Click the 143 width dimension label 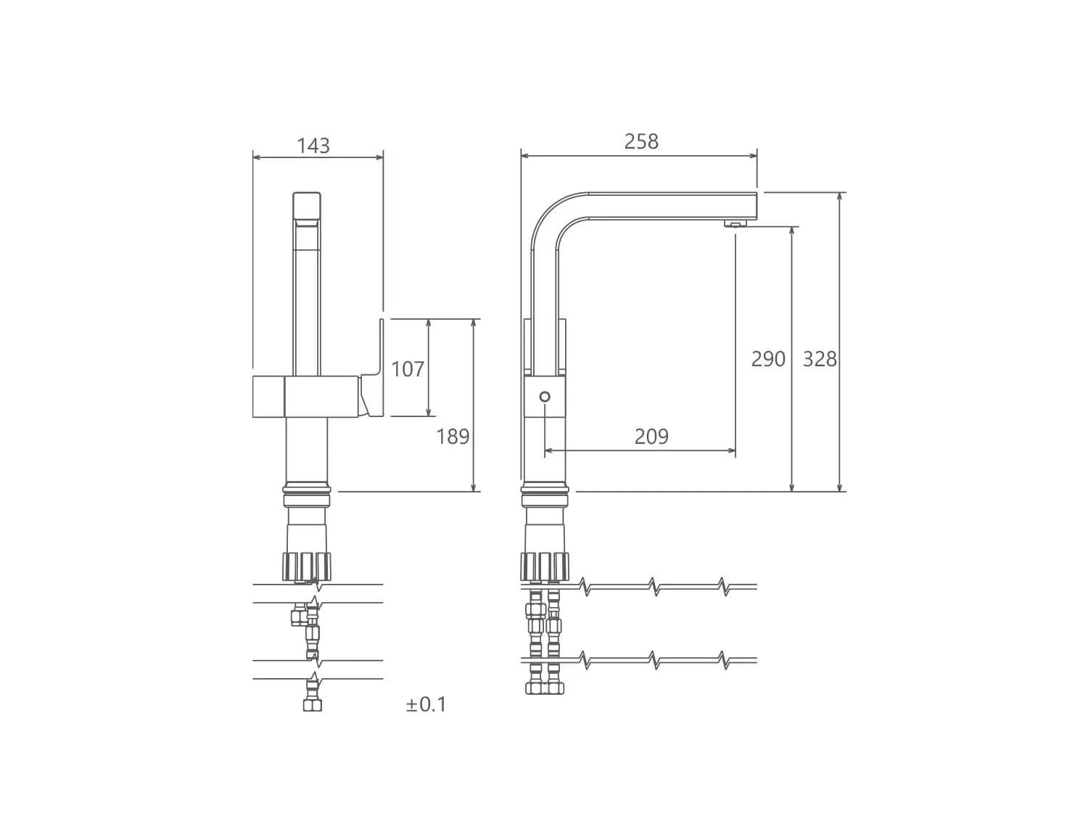pyautogui.click(x=313, y=146)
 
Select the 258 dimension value pyautogui.click(x=641, y=141)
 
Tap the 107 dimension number pyautogui.click(x=408, y=369)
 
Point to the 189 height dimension pyautogui.click(x=453, y=437)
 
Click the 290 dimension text pyautogui.click(x=768, y=359)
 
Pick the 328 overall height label pyautogui.click(x=820, y=359)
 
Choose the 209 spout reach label pyautogui.click(x=651, y=437)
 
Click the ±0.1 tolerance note pyautogui.click(x=426, y=704)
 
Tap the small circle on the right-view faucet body pyautogui.click(x=544, y=397)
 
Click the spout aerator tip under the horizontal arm pyautogui.click(x=735, y=223)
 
